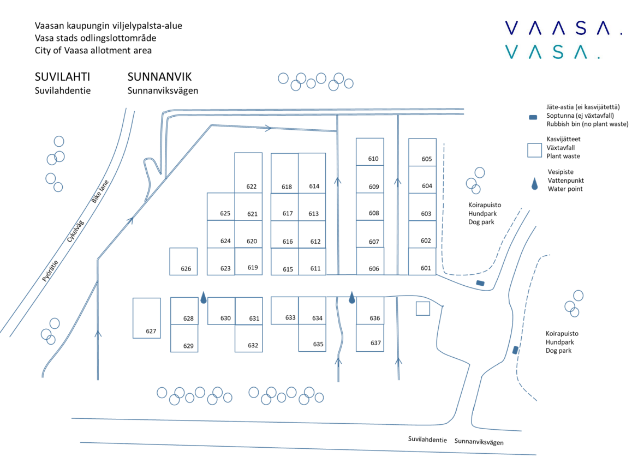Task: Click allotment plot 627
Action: click(146, 318)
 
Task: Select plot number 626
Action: click(183, 261)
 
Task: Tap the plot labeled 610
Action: click(370, 152)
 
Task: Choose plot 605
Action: click(422, 152)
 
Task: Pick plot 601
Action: click(422, 261)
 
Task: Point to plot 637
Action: click(370, 338)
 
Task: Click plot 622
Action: click(248, 172)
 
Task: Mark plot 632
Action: click(249, 338)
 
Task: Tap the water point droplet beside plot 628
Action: click(204, 298)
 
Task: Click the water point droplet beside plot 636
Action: click(352, 298)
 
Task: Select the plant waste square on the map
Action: click(423, 309)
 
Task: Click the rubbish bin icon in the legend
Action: click(533, 117)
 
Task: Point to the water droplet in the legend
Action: click(535, 184)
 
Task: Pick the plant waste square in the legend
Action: click(535, 150)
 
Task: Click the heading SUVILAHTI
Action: click(62, 77)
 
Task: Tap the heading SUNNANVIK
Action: click(159, 77)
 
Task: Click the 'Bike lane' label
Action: click(100, 191)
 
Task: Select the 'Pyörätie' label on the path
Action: click(50, 270)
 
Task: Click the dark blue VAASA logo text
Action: click(564, 28)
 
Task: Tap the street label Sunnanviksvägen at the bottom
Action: click(479, 441)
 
